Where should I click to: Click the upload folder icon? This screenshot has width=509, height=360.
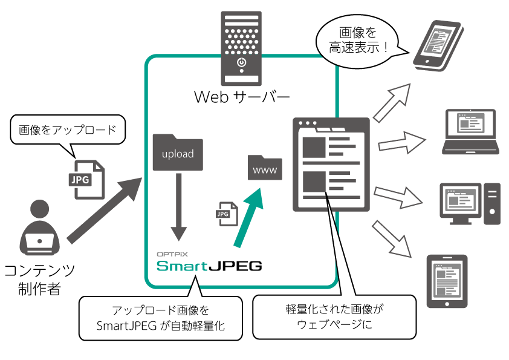[x=178, y=152]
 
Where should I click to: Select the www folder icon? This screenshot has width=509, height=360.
[x=265, y=168]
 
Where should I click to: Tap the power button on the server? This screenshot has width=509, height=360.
[x=241, y=62]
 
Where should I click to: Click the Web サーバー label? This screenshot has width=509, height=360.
[x=242, y=97]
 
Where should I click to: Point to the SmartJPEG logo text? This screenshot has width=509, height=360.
[x=209, y=266]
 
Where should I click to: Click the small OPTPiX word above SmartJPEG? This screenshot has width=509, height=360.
[x=172, y=254]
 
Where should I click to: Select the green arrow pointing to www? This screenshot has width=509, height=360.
[x=248, y=218]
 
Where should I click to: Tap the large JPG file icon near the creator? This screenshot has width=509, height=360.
[x=86, y=179]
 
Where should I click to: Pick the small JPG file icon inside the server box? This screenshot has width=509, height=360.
[x=227, y=214]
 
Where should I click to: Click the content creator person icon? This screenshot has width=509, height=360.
[x=40, y=227]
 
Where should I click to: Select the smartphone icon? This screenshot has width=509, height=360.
[x=438, y=45]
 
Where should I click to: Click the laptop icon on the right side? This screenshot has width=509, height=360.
[x=471, y=131]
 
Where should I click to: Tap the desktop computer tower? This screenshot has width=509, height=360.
[x=492, y=204]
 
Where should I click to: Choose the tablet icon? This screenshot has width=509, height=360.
[x=447, y=281]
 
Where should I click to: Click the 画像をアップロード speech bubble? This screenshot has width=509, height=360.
[x=68, y=129]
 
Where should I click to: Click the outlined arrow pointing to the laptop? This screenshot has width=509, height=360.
[x=402, y=143]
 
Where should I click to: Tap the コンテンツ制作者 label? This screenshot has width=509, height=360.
[x=40, y=280]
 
